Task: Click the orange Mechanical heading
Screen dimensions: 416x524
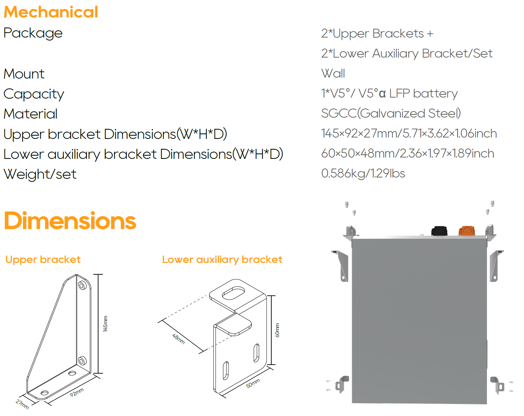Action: [x=51, y=12]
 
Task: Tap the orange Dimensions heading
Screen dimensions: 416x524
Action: [x=70, y=221]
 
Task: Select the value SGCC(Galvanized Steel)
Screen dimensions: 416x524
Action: [x=391, y=113]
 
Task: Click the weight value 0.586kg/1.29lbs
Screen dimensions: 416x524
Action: [x=363, y=173]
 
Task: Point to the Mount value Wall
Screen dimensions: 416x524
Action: [x=333, y=73]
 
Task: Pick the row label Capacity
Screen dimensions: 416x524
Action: [x=34, y=94]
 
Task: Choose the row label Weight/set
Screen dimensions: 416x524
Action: [x=40, y=174]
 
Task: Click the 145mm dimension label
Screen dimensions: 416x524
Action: [x=105, y=324]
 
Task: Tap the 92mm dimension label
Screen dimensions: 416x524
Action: [x=77, y=392]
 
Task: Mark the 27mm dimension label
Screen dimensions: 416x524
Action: [x=22, y=404]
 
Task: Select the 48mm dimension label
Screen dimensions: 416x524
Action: [x=178, y=339]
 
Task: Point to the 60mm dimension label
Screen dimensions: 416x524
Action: [x=277, y=330]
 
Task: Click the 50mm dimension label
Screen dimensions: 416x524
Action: [x=253, y=383]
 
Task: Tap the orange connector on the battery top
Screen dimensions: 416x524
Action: [x=467, y=231]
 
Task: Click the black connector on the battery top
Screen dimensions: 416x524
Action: [x=439, y=231]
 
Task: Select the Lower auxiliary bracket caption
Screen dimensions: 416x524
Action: [x=222, y=260]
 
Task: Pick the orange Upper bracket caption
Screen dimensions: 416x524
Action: [x=43, y=260]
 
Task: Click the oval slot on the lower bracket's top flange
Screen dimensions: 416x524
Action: [x=233, y=293]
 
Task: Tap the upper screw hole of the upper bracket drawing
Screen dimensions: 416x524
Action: [x=82, y=285]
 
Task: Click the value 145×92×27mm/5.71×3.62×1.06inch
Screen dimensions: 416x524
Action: [x=409, y=133]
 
